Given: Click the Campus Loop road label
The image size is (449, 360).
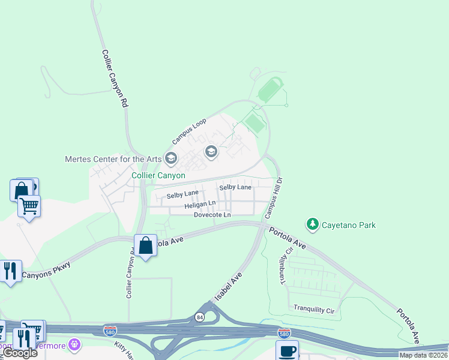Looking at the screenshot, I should (189, 130).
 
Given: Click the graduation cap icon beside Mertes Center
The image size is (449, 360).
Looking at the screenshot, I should (170, 158).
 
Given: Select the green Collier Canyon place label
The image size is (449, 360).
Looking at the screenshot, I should (156, 176).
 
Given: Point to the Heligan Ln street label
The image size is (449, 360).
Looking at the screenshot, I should (200, 205).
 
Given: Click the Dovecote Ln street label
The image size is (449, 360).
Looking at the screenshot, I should (212, 215).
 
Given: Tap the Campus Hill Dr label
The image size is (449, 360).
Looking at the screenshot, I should (273, 197).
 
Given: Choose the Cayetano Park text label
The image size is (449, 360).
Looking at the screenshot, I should (351, 225).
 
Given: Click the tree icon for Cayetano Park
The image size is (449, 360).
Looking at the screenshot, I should (312, 224).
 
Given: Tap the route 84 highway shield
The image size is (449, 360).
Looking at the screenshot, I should (199, 316).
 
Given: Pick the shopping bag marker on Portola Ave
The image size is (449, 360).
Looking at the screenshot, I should (145, 245).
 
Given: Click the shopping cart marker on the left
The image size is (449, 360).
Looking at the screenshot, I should (29, 206).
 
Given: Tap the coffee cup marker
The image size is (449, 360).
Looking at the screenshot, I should (286, 350).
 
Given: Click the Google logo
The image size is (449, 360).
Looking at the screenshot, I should (20, 353).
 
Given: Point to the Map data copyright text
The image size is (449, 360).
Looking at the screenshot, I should (423, 355).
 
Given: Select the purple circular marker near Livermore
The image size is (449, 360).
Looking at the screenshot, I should (74, 344).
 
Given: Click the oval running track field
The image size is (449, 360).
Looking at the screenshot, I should (270, 89).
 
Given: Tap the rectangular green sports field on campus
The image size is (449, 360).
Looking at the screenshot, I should (255, 124).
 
